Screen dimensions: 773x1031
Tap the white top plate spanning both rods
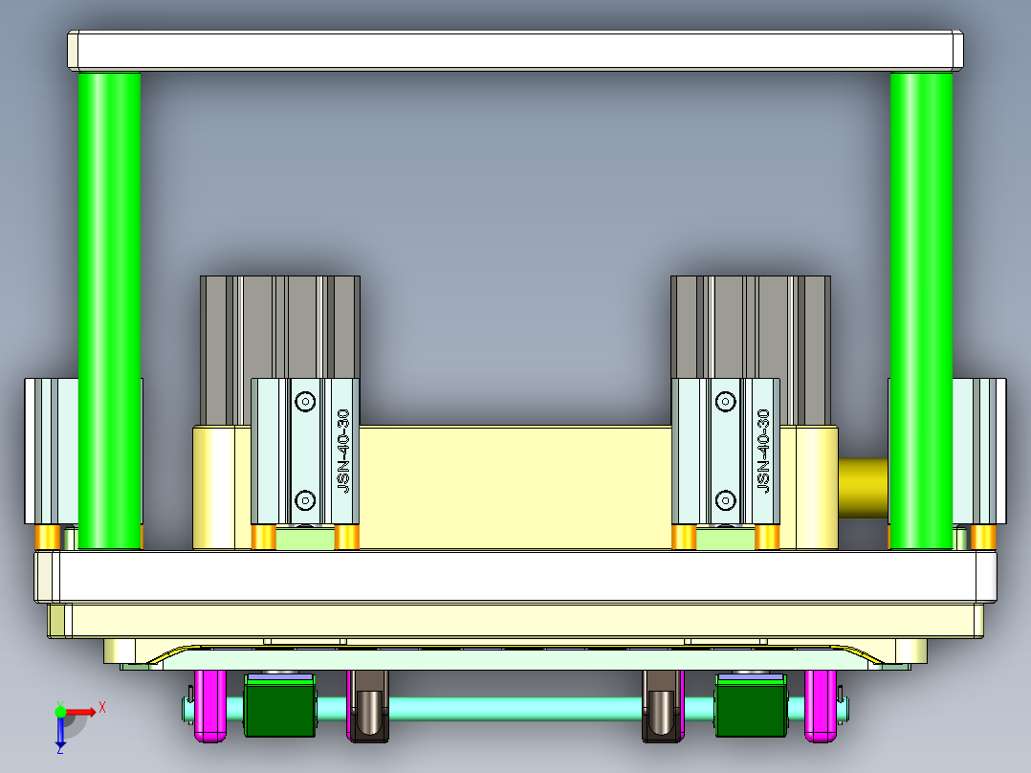point(515,50)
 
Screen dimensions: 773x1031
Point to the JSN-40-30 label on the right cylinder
point(763,451)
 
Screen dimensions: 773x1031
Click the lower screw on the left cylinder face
point(305,499)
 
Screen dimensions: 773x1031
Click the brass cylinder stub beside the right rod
point(863,488)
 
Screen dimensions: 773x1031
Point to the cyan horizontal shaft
point(516,709)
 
